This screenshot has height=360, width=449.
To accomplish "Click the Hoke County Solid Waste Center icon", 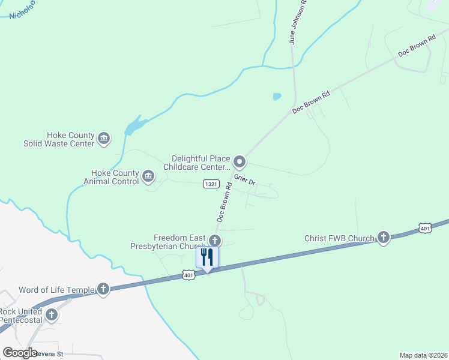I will click(x=103, y=139).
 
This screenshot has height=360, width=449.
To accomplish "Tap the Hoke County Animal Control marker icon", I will click(x=148, y=176).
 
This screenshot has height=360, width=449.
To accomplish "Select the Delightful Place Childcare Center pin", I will click(x=240, y=162).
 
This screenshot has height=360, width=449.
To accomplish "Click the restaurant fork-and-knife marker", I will click(x=207, y=257).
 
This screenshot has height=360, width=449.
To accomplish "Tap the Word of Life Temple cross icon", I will click(x=103, y=290).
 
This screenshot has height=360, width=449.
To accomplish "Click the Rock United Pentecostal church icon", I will click(x=52, y=314).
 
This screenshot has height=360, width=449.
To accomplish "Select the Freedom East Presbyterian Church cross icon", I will click(x=214, y=241).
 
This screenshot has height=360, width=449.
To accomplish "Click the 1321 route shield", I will click(x=210, y=184).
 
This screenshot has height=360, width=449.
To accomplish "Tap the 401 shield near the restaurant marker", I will click(x=189, y=275).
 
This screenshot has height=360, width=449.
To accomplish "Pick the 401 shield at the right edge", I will click(x=425, y=228).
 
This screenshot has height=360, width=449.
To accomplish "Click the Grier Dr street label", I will click(x=245, y=179).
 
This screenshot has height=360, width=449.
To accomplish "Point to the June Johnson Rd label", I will click(x=298, y=23).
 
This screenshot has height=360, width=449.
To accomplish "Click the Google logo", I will click(x=20, y=353).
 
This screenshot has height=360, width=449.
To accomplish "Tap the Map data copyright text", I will click(x=423, y=355).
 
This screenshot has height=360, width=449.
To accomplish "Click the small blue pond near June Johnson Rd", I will click(x=277, y=96).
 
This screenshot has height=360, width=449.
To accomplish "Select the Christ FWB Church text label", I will click(x=340, y=238).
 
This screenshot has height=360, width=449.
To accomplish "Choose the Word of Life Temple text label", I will click(x=57, y=290).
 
